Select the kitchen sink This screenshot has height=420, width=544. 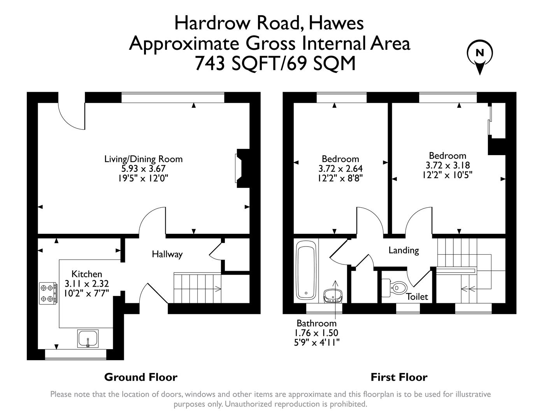point(88,338)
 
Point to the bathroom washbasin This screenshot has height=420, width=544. point(333,296)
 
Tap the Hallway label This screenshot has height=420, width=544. point(167,254)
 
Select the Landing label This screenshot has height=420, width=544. point(404,250)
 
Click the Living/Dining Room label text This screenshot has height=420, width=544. point(143,159)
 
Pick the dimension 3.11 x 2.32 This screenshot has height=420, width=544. point(87,283)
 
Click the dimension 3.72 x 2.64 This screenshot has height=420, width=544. point(340,169)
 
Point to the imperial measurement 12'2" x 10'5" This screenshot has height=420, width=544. point(447,175)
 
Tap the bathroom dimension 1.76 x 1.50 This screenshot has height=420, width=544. point(316,333)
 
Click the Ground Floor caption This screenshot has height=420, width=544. point(140,377)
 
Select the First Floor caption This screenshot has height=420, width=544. point(399,377)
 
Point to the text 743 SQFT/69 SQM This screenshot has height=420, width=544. point(275,63)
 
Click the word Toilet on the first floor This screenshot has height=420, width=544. point(417,297)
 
